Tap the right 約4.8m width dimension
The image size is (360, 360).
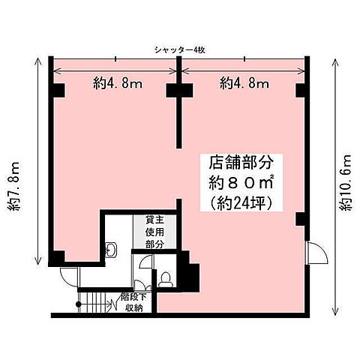pos(244,84)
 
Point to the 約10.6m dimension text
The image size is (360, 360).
pos(346,183)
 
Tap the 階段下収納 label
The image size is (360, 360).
pos(135,303)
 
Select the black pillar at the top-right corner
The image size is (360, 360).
pos(301,90)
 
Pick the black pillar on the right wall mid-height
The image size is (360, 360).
pos(301,218)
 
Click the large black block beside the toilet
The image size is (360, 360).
pos(190,277)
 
